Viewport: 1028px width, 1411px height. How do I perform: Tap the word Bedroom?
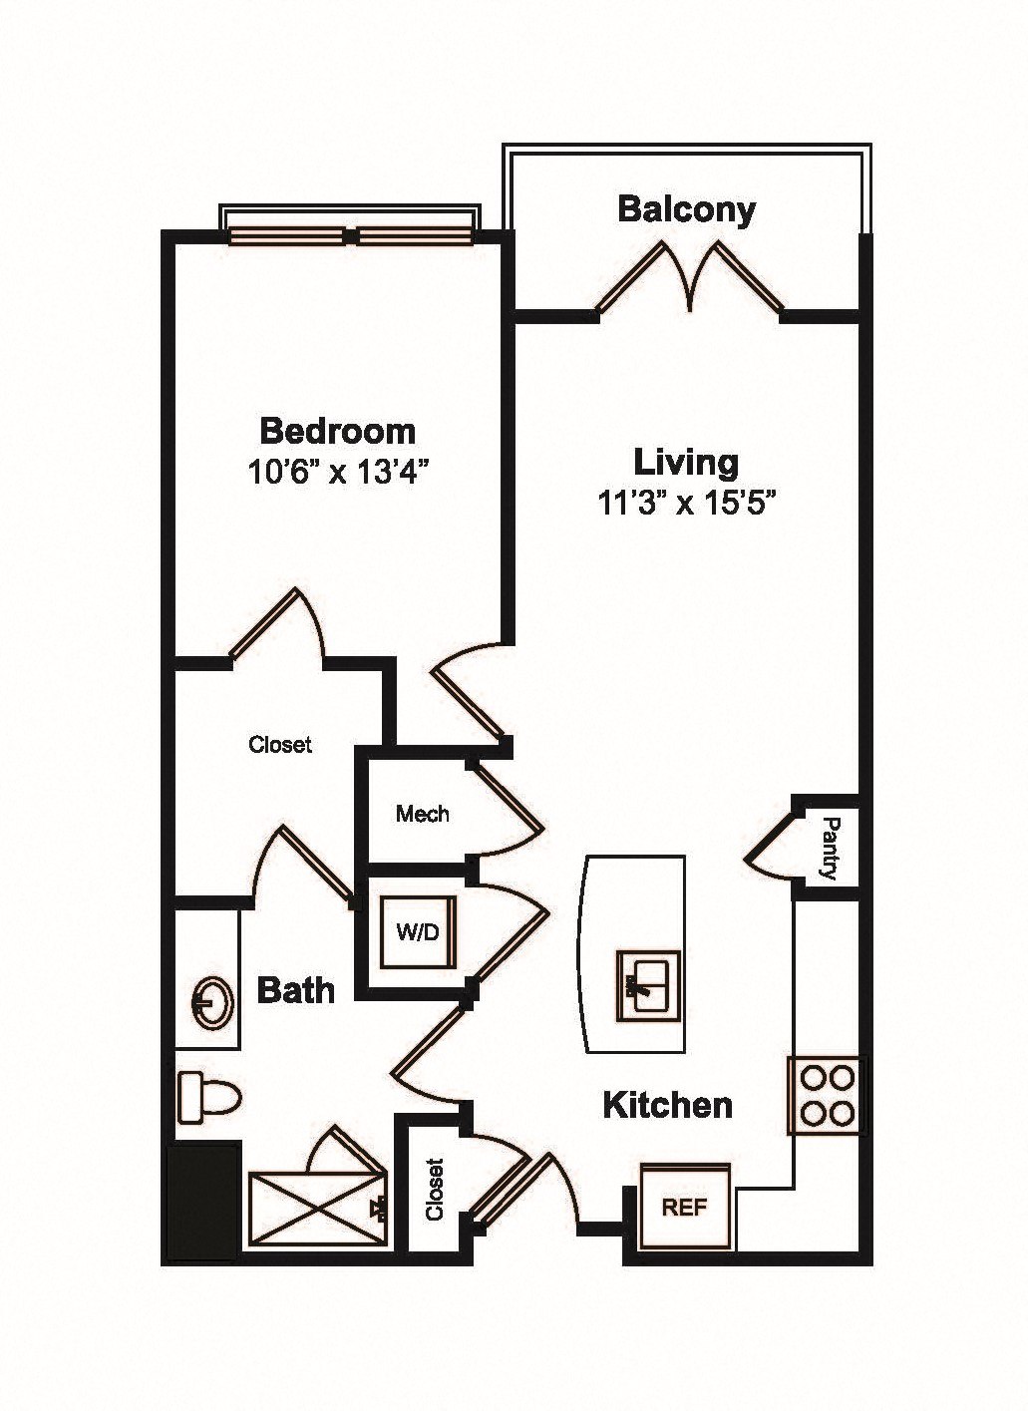tap(338, 432)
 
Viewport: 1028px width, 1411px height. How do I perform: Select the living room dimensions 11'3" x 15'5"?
tap(686, 504)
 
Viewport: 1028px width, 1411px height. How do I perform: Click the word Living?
tap(686, 463)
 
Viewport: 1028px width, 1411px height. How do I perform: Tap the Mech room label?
tap(423, 814)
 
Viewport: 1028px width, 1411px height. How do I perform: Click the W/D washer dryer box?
tap(418, 931)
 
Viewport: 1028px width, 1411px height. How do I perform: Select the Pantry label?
tap(832, 849)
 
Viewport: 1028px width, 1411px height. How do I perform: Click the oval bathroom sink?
tap(212, 1003)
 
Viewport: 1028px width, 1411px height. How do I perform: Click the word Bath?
tap(295, 990)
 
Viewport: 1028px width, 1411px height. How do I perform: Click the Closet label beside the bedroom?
tap(280, 745)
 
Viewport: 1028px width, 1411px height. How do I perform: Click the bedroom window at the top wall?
tap(351, 236)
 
